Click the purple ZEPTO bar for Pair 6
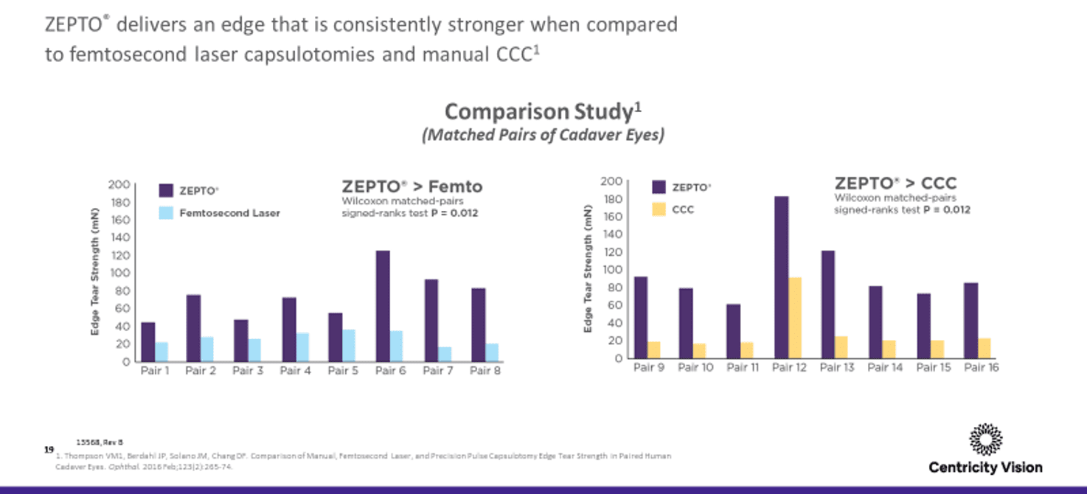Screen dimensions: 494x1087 [x=383, y=306]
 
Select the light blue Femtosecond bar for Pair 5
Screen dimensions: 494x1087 [x=349, y=345]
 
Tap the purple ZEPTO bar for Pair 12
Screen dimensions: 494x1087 [x=782, y=277]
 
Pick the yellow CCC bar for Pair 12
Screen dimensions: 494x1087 [x=796, y=318]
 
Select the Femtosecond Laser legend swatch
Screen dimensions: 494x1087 [x=167, y=212]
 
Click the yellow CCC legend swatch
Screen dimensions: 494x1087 [x=659, y=209]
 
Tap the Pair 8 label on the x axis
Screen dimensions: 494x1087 [x=485, y=371]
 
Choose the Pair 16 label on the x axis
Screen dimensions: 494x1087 [x=982, y=367]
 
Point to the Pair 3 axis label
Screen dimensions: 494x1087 [x=249, y=371]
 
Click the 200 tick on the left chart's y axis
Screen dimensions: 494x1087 [x=120, y=184]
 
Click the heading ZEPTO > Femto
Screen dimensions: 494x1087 [x=411, y=186]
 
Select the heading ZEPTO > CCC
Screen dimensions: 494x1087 [x=895, y=184]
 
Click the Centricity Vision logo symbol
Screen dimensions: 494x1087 [x=985, y=440]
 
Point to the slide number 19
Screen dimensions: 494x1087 [x=49, y=448]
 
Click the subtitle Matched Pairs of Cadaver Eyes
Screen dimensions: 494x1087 [x=543, y=136]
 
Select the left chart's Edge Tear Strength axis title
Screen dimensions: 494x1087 [x=95, y=273]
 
